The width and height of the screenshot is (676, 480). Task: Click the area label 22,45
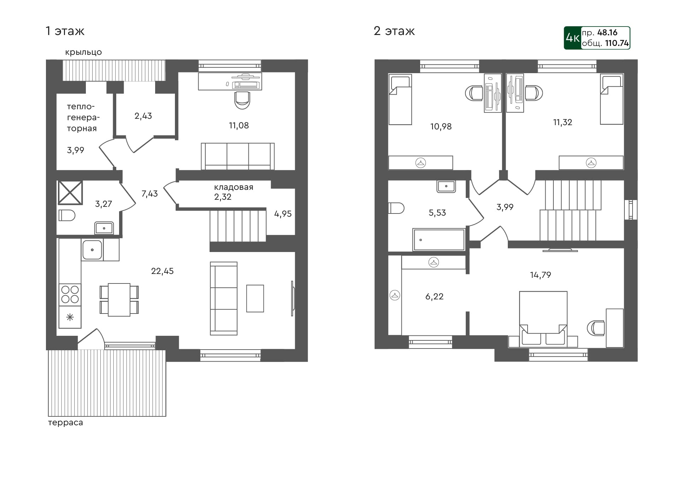click(x=162, y=271)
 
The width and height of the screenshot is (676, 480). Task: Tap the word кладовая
click(x=233, y=187)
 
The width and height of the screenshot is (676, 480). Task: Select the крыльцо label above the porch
click(x=83, y=52)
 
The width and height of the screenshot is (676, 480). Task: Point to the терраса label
click(x=65, y=423)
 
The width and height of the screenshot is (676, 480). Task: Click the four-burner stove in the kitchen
click(x=70, y=294)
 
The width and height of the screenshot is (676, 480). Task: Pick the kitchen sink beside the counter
click(x=92, y=250)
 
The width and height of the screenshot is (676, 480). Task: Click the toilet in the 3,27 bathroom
click(x=67, y=215)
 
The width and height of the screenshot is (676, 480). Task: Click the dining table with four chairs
click(x=119, y=300)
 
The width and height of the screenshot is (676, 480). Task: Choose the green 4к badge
click(x=572, y=38)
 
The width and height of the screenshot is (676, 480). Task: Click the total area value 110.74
click(x=617, y=43)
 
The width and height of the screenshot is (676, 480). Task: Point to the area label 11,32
click(x=562, y=122)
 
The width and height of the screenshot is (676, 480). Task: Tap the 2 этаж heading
click(x=394, y=31)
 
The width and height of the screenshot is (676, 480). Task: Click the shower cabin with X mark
click(x=70, y=193)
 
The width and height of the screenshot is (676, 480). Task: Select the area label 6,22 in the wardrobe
click(x=434, y=297)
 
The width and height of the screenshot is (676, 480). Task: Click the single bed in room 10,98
click(x=400, y=100)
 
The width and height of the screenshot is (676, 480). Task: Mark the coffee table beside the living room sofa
click(x=255, y=298)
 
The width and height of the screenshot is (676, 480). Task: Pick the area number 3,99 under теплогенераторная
click(x=76, y=150)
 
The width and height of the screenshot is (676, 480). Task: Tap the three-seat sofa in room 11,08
click(x=237, y=156)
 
